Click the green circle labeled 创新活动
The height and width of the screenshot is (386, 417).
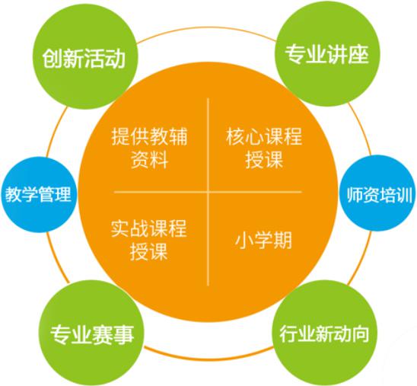tap(85, 56)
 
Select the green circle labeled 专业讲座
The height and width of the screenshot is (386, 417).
tap(327, 53)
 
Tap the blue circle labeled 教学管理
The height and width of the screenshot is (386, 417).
tap(39, 194)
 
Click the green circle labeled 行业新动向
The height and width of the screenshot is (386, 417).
tap(325, 333)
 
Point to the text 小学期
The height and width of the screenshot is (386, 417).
tap(263, 240)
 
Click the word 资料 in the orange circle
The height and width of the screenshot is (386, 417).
tap(149, 160)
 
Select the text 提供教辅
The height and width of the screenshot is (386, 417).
tap(149, 136)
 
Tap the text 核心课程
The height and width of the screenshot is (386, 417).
tap(264, 136)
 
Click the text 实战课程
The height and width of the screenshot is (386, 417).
tap(149, 228)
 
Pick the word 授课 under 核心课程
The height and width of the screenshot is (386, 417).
tap(264, 160)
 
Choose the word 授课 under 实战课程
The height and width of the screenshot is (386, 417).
tap(149, 251)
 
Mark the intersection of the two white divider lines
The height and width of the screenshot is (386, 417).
tap(208, 192)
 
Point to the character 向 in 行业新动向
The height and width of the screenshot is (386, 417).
tap(361, 334)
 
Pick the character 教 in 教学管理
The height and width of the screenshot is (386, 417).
tap(14, 194)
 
